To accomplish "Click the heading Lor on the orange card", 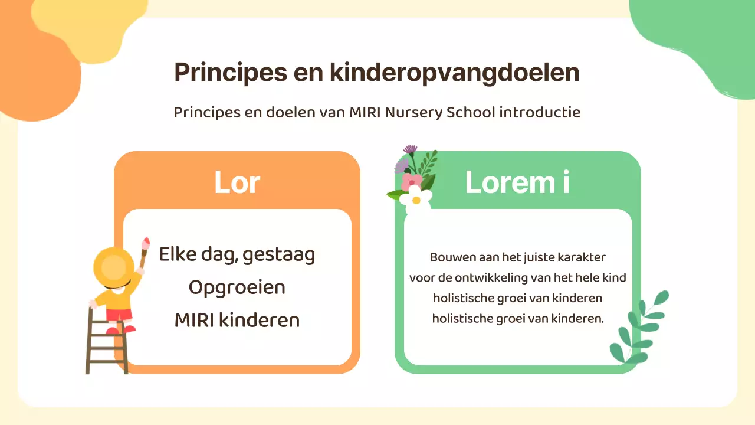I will [x=237, y=182].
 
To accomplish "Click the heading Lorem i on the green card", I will [x=517, y=182].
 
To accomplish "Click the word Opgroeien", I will [x=237, y=287].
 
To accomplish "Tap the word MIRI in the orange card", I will [x=194, y=321].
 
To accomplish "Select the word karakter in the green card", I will [x=583, y=257].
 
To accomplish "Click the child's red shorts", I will [x=120, y=315].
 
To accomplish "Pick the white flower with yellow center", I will [x=416, y=198].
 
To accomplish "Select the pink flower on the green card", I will [x=412, y=181].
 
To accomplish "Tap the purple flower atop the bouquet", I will [x=409, y=150].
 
